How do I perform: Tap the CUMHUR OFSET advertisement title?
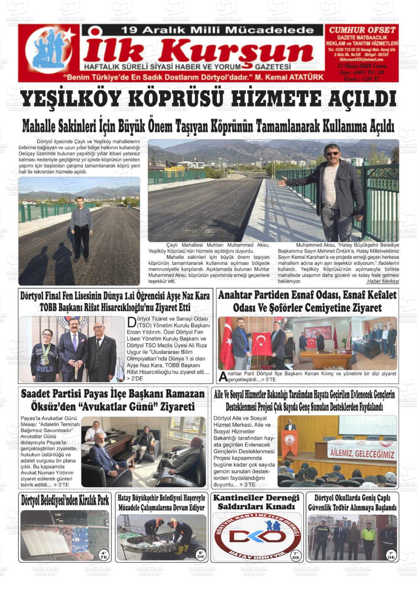click(362, 30)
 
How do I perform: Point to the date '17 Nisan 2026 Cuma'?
click(362, 66)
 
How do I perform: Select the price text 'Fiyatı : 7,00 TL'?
click(362, 79)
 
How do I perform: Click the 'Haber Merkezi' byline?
click(383, 281)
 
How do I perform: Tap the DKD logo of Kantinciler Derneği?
click(257, 537)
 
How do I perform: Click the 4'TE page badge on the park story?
click(104, 555)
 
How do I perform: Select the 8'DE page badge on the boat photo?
click(200, 555)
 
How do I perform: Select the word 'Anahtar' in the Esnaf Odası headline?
click(234, 295)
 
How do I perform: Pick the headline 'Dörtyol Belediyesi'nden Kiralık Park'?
click(65, 500)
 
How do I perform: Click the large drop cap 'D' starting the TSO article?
click(131, 322)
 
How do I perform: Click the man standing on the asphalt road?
click(81, 227)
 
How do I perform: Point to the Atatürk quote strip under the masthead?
click(193, 77)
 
